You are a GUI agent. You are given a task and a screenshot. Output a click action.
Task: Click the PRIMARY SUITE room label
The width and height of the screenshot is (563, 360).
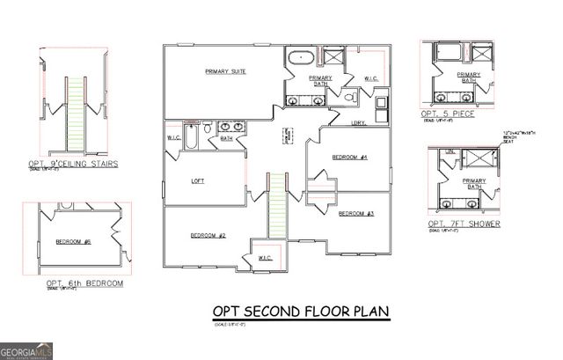[x=224, y=71]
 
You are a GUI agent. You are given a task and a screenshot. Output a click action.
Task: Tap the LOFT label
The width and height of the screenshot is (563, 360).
[x=198, y=182]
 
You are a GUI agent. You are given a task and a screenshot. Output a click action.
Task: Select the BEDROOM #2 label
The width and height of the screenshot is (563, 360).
[x=208, y=235]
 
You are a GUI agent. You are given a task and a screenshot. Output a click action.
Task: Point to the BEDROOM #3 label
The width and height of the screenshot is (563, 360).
[x=356, y=214]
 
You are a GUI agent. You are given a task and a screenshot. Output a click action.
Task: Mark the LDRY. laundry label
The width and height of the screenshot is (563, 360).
[x=358, y=122]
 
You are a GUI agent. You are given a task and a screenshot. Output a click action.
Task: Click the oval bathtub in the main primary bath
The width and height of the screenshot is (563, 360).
[x=300, y=57]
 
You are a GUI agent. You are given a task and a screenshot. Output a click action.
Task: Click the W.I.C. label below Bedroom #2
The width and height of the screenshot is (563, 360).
[x=266, y=257]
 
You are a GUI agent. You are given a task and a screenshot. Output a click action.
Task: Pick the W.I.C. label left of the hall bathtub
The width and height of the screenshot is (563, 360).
[x=174, y=138]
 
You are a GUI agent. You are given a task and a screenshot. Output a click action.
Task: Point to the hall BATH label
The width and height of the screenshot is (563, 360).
[x=226, y=138]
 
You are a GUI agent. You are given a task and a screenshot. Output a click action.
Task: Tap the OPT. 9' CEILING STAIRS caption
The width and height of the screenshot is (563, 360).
[x=80, y=163]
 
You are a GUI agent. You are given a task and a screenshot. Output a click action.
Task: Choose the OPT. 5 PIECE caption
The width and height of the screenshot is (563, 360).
[x=444, y=114]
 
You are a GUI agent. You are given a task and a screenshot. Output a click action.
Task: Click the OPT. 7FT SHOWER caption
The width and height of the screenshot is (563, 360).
[x=464, y=224]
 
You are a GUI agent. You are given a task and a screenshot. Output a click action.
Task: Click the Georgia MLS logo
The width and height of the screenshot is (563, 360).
[x=27, y=351]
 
